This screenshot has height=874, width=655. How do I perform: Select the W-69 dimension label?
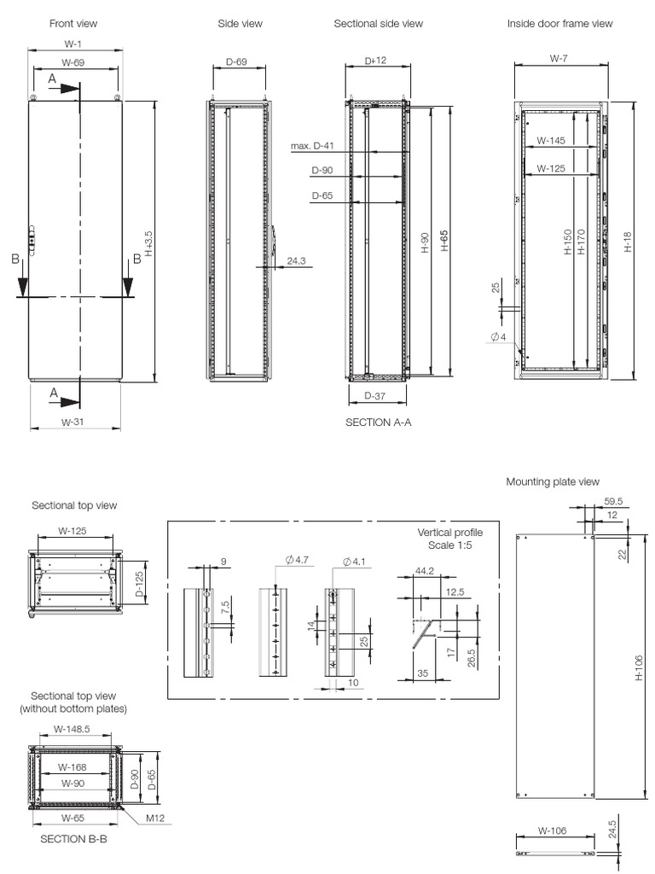click(x=76, y=63)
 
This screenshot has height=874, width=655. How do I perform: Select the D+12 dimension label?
click(x=376, y=61)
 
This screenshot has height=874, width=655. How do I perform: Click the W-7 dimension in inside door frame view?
click(x=559, y=59)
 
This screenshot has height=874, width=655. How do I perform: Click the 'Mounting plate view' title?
click(x=553, y=482)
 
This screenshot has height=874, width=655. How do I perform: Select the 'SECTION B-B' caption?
click(x=73, y=839)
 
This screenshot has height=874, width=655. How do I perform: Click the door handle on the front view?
click(x=32, y=242)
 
